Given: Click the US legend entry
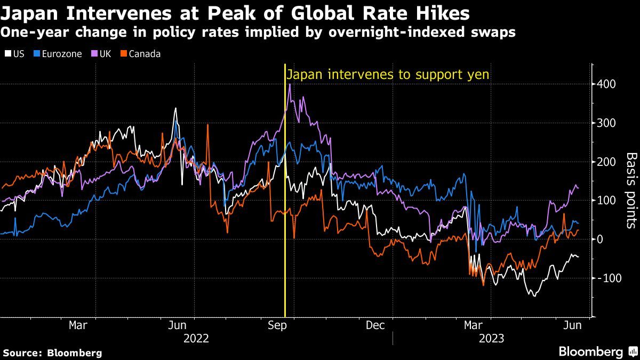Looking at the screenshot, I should [14, 54].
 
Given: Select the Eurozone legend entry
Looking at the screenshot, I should [57, 54].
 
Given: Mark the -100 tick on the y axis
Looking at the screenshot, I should [607, 278].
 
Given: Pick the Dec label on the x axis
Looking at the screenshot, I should [375, 325].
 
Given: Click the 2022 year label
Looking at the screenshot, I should [196, 338].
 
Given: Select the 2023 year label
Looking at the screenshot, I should [491, 338].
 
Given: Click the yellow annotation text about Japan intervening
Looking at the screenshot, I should [388, 75].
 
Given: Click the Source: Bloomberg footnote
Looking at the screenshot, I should [52, 353].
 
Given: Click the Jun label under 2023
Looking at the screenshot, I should [573, 325].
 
